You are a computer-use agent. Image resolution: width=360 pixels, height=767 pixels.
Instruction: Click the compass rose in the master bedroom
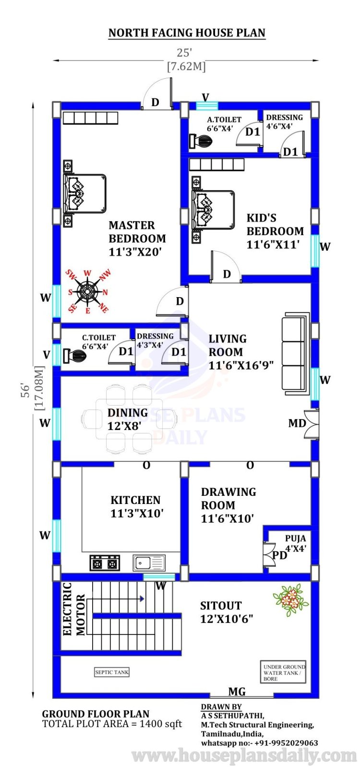[x=87, y=292]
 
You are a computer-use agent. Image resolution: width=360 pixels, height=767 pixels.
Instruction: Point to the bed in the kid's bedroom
[x=213, y=210]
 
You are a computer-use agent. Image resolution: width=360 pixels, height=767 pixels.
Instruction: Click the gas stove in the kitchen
[x=105, y=563]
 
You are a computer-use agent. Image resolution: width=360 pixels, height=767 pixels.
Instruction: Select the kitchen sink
[x=149, y=563]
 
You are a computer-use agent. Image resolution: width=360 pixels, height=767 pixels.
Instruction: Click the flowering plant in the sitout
[x=289, y=599]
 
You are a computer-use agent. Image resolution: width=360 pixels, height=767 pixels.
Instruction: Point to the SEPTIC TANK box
[x=112, y=672]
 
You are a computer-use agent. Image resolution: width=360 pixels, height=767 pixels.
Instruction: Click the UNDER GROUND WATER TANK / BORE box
[x=284, y=672]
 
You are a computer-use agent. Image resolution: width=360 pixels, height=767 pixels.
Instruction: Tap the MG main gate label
[x=237, y=692]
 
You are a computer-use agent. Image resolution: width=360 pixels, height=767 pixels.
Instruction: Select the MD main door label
[x=297, y=423]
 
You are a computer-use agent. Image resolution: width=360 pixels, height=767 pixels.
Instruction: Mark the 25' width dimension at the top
[x=186, y=53]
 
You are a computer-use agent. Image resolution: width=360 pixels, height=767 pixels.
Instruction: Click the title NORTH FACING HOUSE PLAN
[x=187, y=33]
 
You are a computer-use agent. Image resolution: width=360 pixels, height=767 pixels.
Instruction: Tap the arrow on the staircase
[x=142, y=599]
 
